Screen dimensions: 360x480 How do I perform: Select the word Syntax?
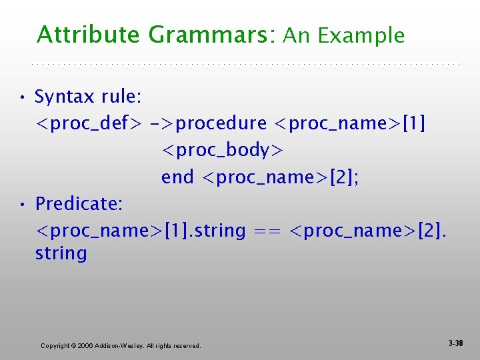point(65,97)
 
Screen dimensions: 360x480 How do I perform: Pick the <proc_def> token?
point(88,124)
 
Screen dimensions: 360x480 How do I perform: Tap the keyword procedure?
point(221,124)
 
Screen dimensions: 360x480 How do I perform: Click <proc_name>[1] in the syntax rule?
point(350,124)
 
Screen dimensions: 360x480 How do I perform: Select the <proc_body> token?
point(222,151)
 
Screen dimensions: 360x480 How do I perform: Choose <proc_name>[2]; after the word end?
point(280,177)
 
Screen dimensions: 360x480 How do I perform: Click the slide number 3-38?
point(455,343)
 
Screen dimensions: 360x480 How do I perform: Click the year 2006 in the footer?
point(86,346)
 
